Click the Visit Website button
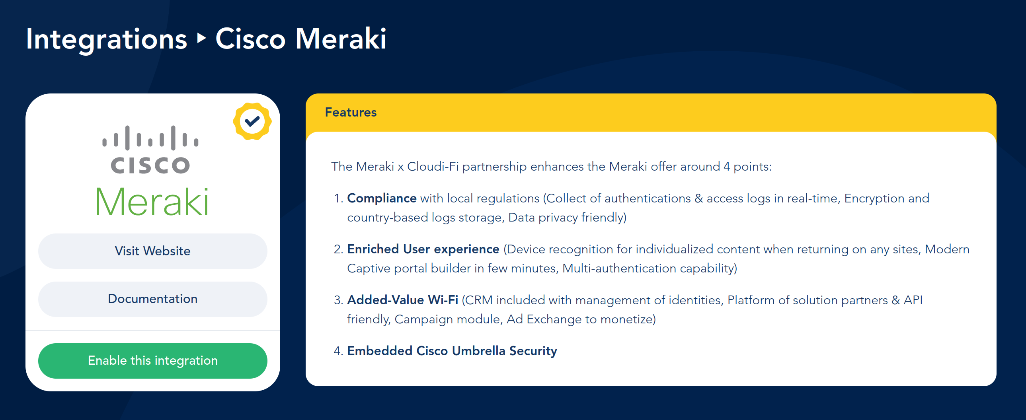[152, 251]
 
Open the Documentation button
[152, 299]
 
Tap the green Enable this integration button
[152, 361]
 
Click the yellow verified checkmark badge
[252, 121]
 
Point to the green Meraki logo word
[152, 202]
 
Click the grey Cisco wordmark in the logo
[150, 165]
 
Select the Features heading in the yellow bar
[351, 112]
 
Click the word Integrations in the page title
[106, 39]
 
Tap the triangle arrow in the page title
[202, 38]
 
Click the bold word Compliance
[382, 198]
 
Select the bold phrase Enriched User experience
[423, 249]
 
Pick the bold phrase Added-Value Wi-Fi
[402, 300]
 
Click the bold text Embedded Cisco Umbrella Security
[452, 351]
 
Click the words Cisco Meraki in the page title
[301, 39]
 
